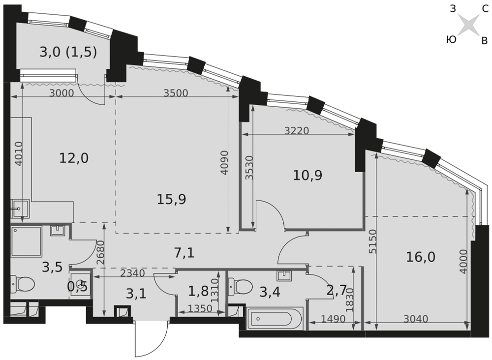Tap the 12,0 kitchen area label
click(x=74, y=158)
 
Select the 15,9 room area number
click(x=171, y=199)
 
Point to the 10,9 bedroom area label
click(x=307, y=175)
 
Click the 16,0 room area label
click(x=421, y=257)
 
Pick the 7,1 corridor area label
click(x=184, y=252)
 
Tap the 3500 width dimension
click(x=176, y=93)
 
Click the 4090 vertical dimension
click(x=224, y=163)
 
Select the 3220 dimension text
click(x=297, y=130)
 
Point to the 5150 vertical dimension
click(x=372, y=241)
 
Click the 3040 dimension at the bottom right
click(x=416, y=319)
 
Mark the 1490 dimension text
click(x=333, y=319)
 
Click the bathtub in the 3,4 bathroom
click(x=275, y=319)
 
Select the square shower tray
click(x=27, y=241)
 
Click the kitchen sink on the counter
click(x=20, y=209)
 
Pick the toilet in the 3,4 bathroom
click(x=241, y=287)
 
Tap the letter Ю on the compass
click(x=451, y=39)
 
